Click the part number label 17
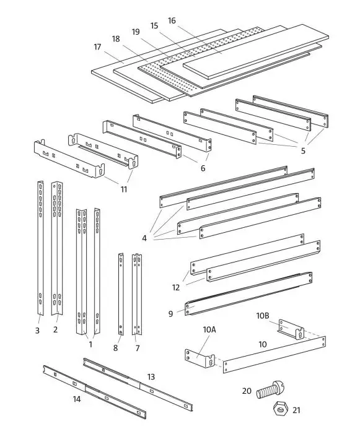[97, 46]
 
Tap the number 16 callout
[172, 20]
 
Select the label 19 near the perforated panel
[135, 31]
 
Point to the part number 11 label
[124, 189]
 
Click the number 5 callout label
[303, 150]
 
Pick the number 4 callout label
[144, 238]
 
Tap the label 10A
[209, 331]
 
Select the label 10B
[263, 316]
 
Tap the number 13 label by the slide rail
[151, 376]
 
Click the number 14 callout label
[77, 399]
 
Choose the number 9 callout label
[170, 314]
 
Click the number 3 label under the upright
[37, 331]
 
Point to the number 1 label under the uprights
[90, 344]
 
